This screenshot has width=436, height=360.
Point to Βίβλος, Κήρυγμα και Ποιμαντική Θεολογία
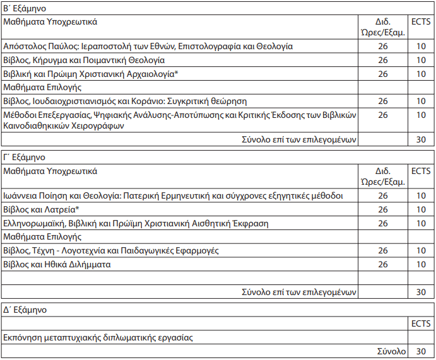click(x=84, y=60)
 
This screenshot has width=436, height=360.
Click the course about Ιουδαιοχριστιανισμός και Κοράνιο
click(x=125, y=101)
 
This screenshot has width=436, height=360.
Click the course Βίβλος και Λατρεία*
click(x=41, y=209)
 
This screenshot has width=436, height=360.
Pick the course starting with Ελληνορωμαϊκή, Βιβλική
click(x=136, y=223)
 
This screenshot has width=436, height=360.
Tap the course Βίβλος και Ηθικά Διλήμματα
click(x=57, y=264)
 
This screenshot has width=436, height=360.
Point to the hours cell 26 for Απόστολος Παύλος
click(x=383, y=46)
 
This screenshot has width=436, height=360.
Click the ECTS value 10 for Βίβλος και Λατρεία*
click(x=421, y=209)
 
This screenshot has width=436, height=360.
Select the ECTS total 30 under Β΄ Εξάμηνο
click(x=421, y=139)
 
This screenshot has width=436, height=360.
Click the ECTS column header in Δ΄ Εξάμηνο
click(x=421, y=323)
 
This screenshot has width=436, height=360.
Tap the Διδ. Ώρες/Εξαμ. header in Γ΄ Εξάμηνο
click(x=383, y=177)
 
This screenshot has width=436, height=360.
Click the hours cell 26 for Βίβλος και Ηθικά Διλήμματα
click(x=383, y=264)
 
